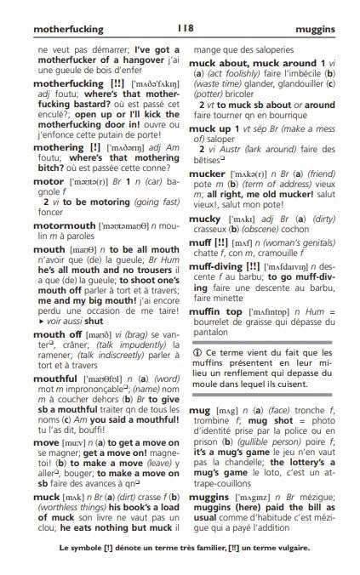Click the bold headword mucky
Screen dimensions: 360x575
click(x=204, y=216)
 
